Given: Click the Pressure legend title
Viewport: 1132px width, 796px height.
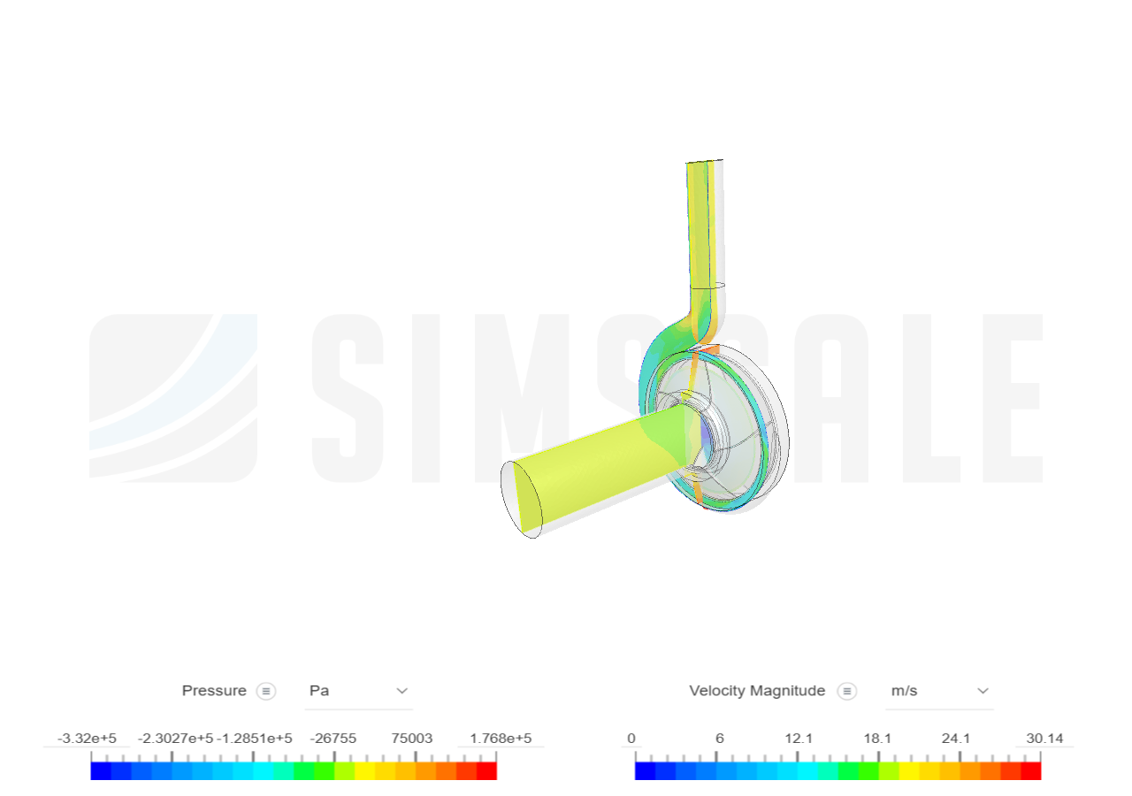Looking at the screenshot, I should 214,691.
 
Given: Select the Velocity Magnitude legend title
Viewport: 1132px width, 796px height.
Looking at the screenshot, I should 756,691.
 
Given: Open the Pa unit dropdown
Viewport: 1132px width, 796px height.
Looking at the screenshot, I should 358,691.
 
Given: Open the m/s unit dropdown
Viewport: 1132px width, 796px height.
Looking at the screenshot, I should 938,691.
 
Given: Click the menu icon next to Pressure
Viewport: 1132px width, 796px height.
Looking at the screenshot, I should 266,692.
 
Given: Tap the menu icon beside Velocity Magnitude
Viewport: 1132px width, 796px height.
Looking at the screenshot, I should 847,692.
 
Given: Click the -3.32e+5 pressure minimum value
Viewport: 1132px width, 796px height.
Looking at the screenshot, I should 87,739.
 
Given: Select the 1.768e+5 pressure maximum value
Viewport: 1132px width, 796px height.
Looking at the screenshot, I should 501,739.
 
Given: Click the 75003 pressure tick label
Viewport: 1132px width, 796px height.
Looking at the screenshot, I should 412,739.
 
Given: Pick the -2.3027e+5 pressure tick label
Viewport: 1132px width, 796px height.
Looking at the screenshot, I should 175,739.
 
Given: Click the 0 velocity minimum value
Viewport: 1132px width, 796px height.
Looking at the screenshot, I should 631,739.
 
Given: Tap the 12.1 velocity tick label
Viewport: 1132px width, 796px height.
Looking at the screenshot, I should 799,739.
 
